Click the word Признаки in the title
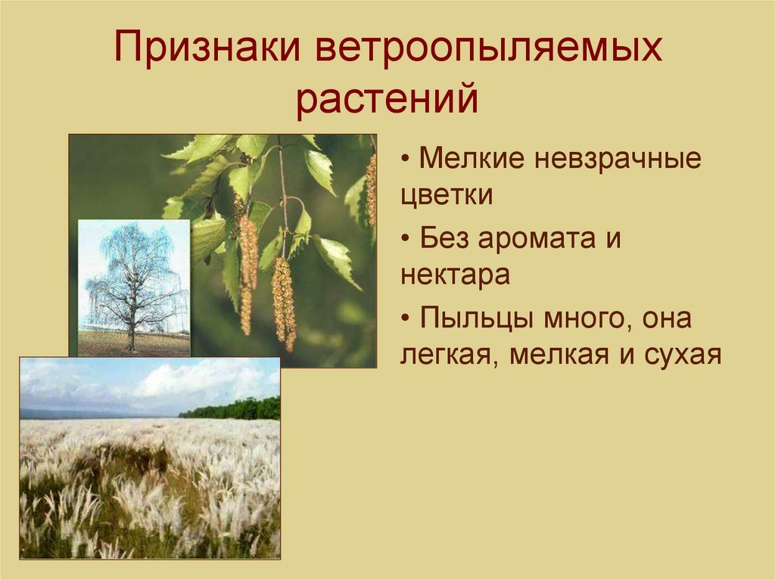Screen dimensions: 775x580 (207, 46)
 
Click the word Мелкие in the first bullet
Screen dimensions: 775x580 (472, 158)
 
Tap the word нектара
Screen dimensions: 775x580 (455, 275)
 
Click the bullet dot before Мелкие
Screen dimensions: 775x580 (406, 159)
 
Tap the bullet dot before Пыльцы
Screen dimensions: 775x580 (406, 318)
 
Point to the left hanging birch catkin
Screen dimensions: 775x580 (247, 274)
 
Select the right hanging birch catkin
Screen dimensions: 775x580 (284, 303)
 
